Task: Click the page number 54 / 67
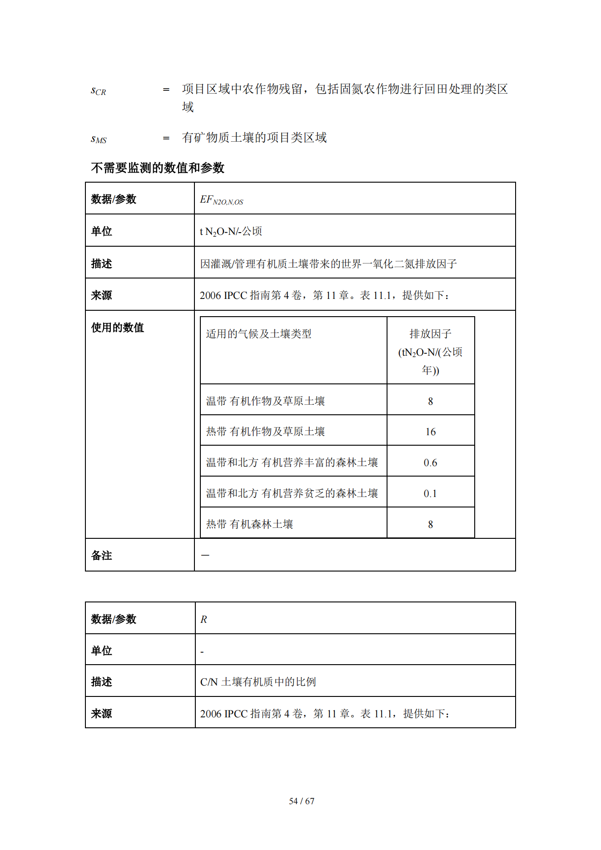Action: coord(301,801)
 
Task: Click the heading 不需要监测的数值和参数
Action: coord(157,168)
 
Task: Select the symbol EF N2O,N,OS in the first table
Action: coord(221,200)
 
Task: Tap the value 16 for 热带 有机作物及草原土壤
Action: coord(430,432)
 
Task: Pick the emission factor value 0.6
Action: coord(430,462)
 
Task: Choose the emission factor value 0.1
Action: coord(430,493)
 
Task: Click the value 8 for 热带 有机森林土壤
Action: coord(430,524)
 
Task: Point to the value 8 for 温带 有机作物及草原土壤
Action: coord(430,401)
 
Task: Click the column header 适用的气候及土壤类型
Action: coord(258,334)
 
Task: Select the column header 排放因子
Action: coord(430,334)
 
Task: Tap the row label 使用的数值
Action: coord(117,328)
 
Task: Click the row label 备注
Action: coord(101,555)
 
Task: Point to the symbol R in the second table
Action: coord(204,619)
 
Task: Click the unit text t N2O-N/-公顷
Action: coord(231,231)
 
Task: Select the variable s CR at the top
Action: coord(98,90)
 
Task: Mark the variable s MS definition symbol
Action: coord(99,139)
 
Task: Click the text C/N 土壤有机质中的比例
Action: coord(258,681)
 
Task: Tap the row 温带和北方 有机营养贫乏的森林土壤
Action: coord(292,493)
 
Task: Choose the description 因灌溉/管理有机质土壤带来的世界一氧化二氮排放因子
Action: coord(328,263)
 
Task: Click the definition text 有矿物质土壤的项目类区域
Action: coord(254,137)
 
